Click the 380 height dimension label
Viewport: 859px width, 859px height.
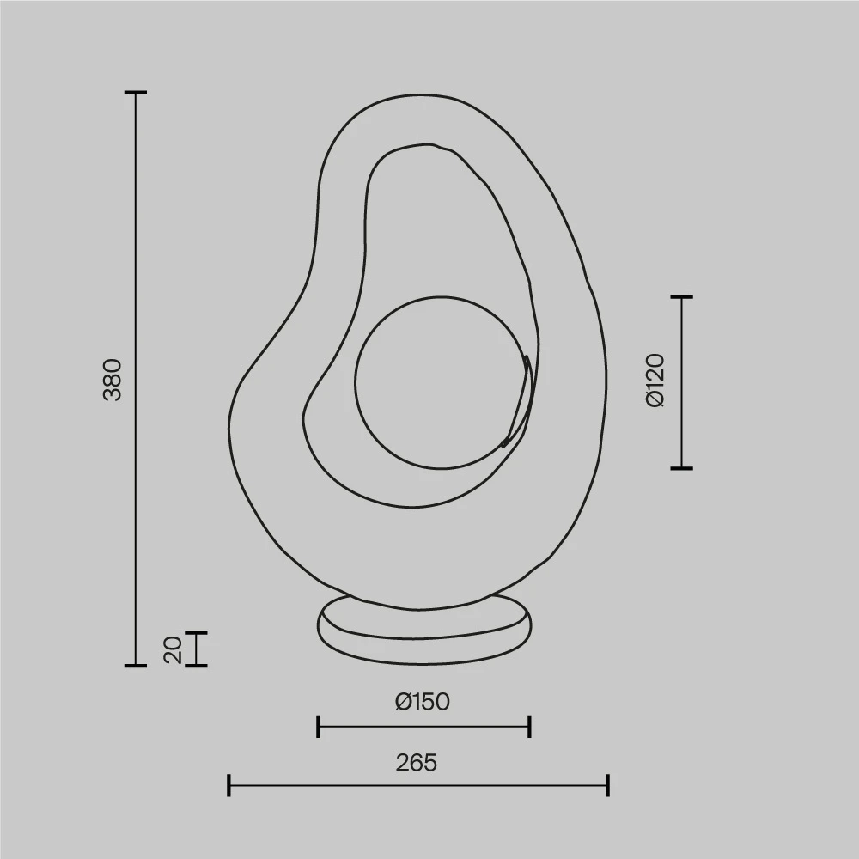tap(113, 379)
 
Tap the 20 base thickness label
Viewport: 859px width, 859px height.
tap(173, 649)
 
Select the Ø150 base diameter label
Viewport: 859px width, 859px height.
tap(423, 702)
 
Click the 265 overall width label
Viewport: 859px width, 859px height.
tap(417, 762)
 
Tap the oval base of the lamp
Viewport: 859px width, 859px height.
tap(424, 630)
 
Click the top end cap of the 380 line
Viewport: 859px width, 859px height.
tap(136, 92)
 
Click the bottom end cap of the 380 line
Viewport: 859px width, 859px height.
tap(136, 665)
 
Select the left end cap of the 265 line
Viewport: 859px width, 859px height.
tap(229, 785)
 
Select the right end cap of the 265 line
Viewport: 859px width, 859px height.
tap(607, 785)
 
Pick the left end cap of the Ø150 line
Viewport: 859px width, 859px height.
tap(319, 727)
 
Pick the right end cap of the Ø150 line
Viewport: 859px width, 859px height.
tap(529, 727)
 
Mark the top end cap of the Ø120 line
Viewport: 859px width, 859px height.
tap(682, 296)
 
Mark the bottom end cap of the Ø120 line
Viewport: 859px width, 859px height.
tap(682, 468)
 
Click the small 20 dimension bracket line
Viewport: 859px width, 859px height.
tap(197, 649)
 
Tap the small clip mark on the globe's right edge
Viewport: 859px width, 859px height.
tap(519, 404)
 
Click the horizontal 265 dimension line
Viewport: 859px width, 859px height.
tap(417, 785)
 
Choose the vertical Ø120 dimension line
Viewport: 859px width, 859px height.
tap(682, 382)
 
